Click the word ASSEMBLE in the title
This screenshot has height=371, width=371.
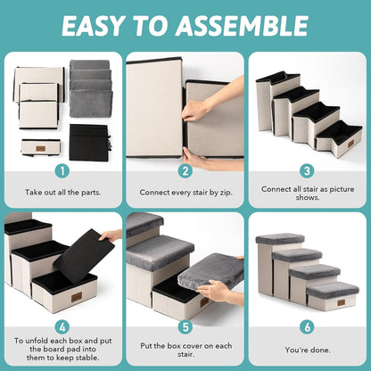[242, 26]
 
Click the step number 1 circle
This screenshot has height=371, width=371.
[62, 171]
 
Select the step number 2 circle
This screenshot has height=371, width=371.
[185, 171]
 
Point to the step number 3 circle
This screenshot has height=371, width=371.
[307, 171]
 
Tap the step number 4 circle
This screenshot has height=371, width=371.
[62, 327]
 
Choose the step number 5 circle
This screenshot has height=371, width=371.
[185, 327]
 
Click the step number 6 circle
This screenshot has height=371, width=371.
[307, 327]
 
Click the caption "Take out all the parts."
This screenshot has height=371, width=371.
[63, 193]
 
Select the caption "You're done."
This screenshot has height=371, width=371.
[308, 350]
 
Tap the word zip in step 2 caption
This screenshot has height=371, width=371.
[226, 193]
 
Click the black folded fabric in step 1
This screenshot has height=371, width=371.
[89, 143]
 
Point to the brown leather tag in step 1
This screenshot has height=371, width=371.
[40, 149]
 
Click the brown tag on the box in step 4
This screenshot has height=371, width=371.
[77, 297]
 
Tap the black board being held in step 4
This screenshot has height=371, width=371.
[84, 256]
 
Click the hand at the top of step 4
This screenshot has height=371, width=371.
[111, 235]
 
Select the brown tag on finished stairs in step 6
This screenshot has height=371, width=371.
[342, 302]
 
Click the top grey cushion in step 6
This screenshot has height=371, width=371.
[280, 239]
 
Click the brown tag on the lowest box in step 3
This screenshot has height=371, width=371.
[350, 144]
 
